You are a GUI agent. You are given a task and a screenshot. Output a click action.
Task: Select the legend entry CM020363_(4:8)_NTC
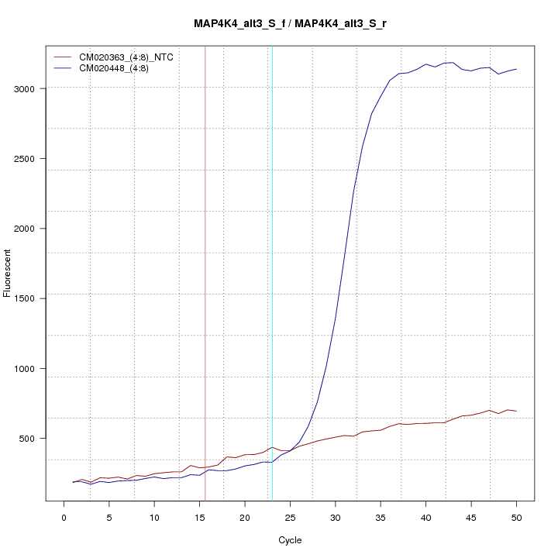[132, 57]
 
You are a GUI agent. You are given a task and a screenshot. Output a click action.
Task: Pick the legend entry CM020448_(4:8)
[119, 68]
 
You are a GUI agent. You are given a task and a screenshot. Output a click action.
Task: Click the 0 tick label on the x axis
[64, 517]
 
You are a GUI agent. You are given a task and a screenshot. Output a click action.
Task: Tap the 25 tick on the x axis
[290, 517]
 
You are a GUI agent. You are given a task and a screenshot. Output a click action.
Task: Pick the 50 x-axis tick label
[516, 517]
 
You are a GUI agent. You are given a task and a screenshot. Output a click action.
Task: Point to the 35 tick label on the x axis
[381, 517]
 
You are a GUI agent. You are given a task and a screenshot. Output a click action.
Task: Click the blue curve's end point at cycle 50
[516, 69]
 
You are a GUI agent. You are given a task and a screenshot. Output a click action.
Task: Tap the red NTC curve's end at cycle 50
[516, 411]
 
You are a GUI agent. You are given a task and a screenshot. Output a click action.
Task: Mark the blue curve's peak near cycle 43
[453, 62]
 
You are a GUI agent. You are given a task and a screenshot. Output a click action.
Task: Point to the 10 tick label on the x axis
[154, 517]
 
